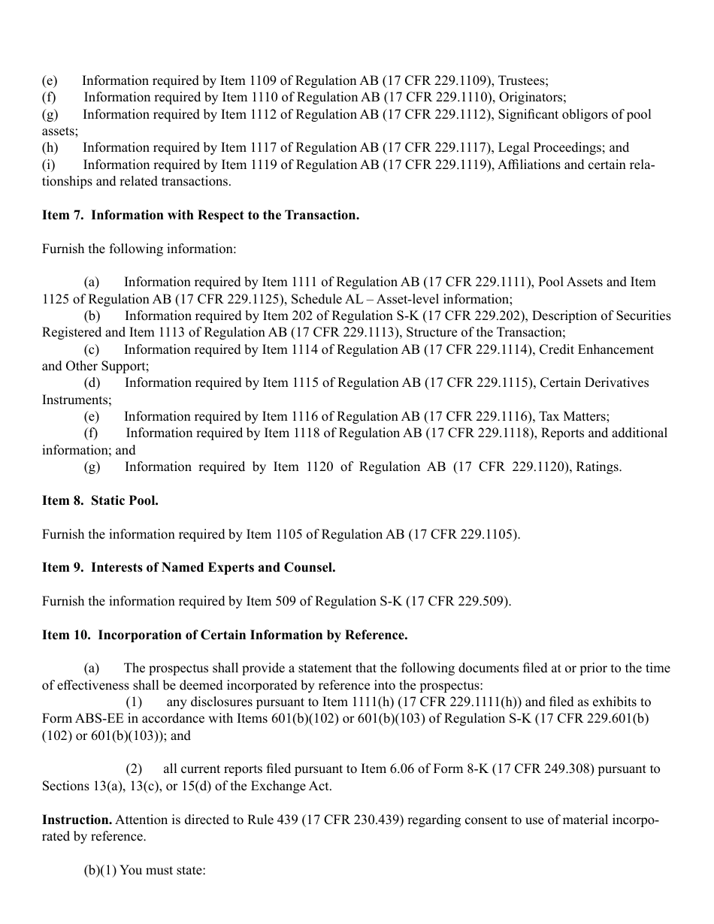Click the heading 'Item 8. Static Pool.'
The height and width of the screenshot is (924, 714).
[x=100, y=500]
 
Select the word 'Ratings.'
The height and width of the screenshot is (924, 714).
[x=599, y=467]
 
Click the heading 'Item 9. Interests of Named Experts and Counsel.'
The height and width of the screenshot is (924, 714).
[x=189, y=567]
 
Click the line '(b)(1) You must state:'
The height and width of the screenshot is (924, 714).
[x=144, y=870]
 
